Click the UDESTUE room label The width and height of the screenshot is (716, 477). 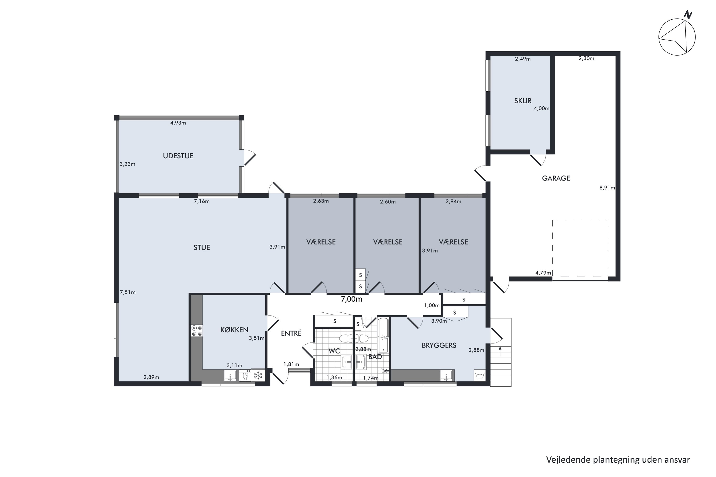(178, 156)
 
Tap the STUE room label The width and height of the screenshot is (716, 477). (201, 248)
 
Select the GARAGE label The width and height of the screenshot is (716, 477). (556, 178)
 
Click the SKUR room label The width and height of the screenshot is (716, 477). (523, 101)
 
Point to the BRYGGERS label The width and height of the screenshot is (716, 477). (439, 345)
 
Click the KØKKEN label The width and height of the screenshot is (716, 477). (234, 330)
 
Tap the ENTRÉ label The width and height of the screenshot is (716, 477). (291, 333)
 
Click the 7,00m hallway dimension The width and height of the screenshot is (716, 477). (352, 299)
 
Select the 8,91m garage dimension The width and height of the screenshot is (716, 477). (607, 188)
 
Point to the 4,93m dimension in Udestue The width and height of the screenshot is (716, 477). (178, 123)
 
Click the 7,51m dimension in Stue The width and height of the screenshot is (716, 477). (127, 292)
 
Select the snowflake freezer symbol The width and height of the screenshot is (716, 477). (258, 376)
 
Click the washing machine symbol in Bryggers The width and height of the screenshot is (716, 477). (479, 375)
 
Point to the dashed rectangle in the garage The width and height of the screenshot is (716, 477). (580, 248)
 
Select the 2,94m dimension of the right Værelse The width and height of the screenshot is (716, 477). (453, 201)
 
